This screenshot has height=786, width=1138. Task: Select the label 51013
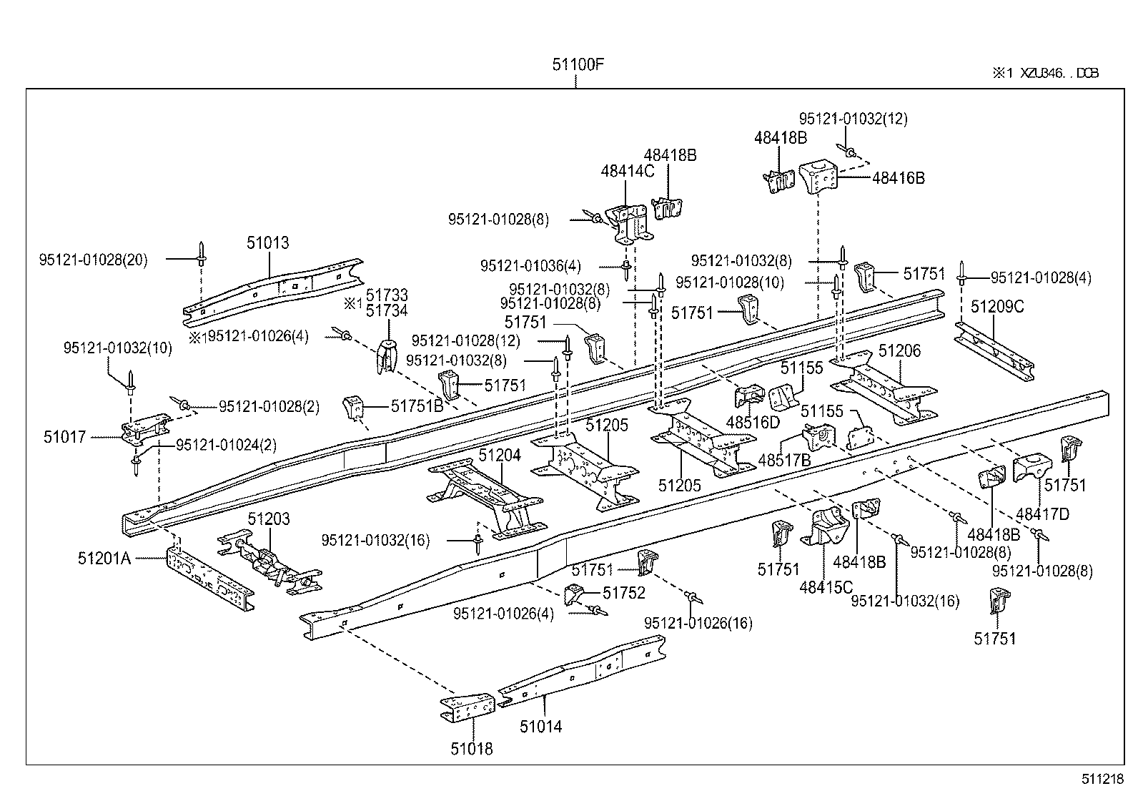268,242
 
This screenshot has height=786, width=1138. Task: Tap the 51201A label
104,559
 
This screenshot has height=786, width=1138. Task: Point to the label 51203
269,519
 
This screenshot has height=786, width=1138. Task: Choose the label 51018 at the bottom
471,749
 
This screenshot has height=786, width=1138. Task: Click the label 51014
540,727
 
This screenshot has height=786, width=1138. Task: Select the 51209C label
997,307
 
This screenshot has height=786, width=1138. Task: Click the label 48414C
627,171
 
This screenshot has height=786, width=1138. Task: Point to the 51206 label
899,350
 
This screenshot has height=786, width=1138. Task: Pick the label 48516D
753,423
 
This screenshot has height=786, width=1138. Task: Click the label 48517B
784,461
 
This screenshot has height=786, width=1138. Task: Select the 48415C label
826,587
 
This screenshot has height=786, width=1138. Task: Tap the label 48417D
1042,514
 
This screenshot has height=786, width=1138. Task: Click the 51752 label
623,592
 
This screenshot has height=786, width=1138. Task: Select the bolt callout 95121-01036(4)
530,266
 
